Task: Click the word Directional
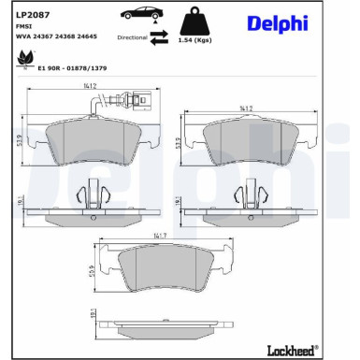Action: [132, 38]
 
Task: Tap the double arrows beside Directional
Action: [160, 37]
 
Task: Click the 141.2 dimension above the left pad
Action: [91, 89]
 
